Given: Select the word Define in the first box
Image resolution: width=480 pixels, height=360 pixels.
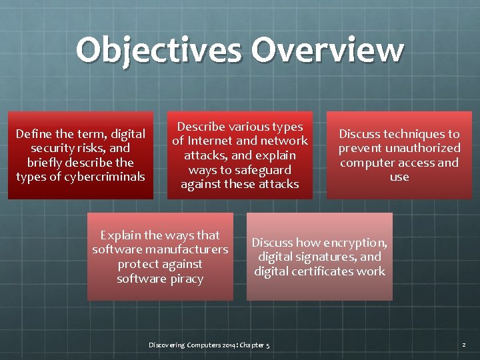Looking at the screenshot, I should [x=31, y=134].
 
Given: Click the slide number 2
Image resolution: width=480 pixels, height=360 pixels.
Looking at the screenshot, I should [x=464, y=345].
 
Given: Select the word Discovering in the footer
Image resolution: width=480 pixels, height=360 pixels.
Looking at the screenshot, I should [x=165, y=345].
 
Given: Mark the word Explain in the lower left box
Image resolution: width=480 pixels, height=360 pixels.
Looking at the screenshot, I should [x=120, y=235].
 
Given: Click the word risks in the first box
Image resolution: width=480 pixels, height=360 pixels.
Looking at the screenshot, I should [x=93, y=148].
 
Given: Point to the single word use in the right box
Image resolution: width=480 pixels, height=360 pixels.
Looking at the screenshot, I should [x=399, y=177].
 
